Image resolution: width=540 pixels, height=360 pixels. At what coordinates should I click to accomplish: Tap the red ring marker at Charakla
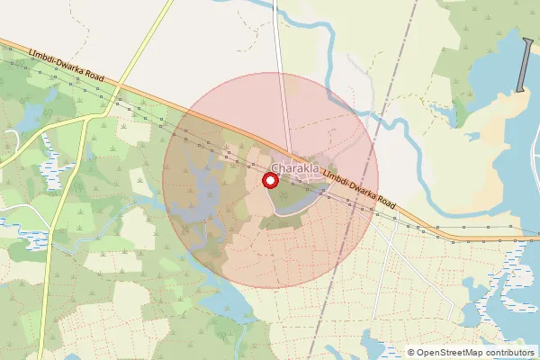269,181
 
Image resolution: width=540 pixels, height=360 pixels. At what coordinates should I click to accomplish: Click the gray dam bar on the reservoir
524,65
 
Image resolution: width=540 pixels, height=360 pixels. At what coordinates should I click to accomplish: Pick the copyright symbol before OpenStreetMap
411,353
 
